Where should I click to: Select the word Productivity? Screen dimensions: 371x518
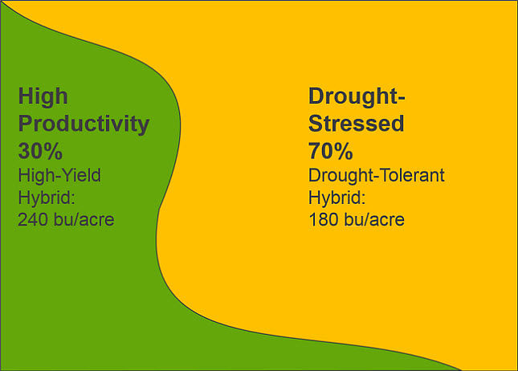coord(84,124)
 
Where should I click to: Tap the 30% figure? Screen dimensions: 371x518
coord(40,151)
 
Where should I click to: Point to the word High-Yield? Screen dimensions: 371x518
coord(59,175)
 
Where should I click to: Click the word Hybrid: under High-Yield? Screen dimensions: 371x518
coord(46,198)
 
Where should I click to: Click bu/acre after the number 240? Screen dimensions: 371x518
coord(84,219)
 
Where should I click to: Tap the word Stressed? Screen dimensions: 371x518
coord(356,124)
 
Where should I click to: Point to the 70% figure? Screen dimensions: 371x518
coord(331,151)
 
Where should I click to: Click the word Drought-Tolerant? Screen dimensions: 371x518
coord(377,175)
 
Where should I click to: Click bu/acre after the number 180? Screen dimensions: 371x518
coord(375,219)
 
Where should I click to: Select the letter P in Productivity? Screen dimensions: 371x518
coord(26,124)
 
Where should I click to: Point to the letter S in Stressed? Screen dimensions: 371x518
coord(316,124)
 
